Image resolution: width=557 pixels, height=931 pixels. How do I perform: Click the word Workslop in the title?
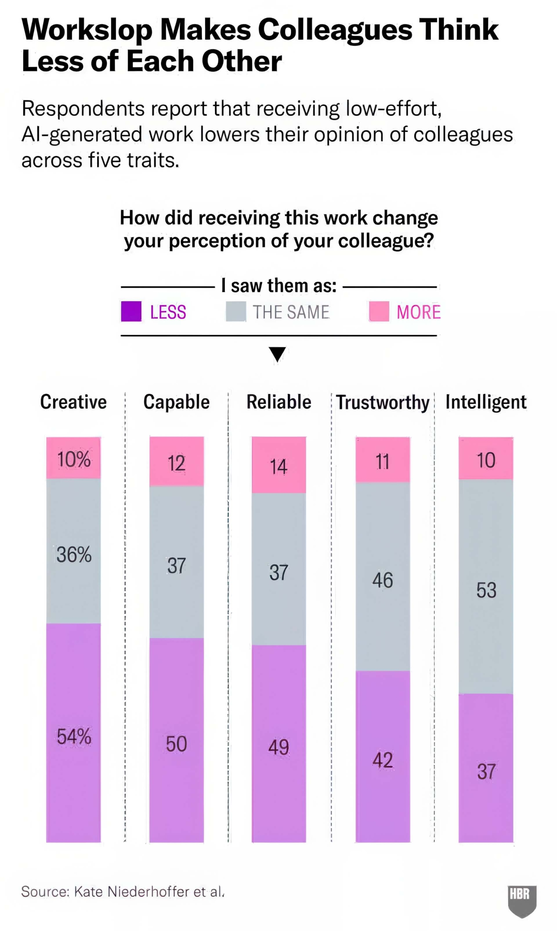(87, 30)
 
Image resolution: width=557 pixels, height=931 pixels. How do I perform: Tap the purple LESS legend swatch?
(131, 311)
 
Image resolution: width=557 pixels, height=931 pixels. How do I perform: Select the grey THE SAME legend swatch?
(236, 311)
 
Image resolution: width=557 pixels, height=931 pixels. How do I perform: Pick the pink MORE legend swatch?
(379, 311)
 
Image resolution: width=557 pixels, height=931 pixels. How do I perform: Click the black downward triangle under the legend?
(277, 354)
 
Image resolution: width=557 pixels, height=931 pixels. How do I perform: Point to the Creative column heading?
(73, 402)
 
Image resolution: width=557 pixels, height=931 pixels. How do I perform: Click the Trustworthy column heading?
(382, 403)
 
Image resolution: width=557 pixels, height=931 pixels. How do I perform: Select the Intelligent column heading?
(486, 402)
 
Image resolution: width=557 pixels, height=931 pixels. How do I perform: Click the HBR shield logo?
(522, 900)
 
